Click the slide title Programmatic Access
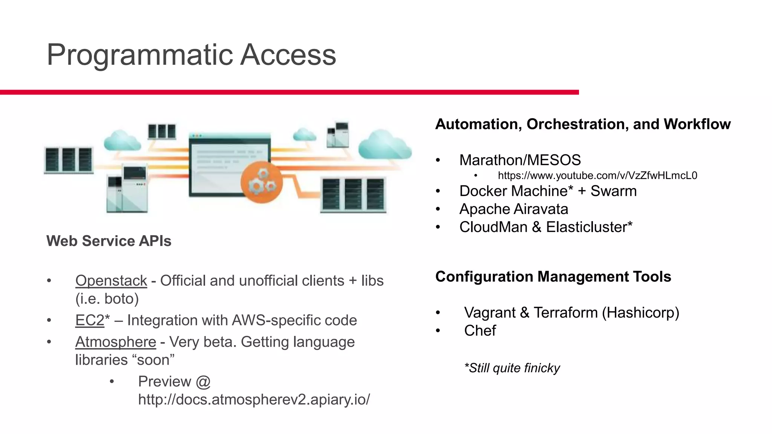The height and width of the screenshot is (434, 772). click(191, 55)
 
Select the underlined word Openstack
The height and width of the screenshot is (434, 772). click(111, 281)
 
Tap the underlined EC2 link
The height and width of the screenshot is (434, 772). click(89, 320)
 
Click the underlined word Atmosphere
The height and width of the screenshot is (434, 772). click(115, 342)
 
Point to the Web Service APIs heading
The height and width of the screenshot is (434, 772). click(109, 241)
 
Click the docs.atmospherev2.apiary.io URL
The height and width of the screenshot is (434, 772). click(254, 399)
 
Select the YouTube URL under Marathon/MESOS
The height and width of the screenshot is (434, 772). click(597, 176)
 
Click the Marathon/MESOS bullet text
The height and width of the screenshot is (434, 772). click(520, 160)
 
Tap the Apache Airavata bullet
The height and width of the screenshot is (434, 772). click(513, 209)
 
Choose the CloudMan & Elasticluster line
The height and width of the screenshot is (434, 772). click(545, 227)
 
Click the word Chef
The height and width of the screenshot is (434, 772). click(480, 331)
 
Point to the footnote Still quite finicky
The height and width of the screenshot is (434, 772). click(512, 368)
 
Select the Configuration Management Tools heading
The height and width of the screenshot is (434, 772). click(553, 277)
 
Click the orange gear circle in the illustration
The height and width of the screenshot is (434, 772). click(261, 182)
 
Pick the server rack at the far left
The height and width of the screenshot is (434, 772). click(69, 160)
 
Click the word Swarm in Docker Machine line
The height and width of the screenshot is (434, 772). click(613, 191)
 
